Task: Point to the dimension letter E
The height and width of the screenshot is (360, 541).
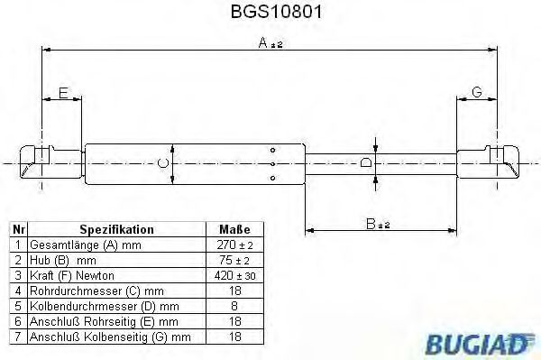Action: (x=63, y=94)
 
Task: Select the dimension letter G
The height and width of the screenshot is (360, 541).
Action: (x=477, y=94)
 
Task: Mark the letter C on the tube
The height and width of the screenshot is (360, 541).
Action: (x=162, y=163)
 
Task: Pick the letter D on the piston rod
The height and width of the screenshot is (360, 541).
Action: (x=364, y=163)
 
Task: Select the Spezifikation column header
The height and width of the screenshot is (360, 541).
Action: (x=117, y=229)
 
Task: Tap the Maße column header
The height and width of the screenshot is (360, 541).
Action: (x=234, y=229)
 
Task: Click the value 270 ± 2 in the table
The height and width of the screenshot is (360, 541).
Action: (x=234, y=245)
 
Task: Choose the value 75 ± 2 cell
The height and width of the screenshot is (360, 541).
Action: (x=234, y=260)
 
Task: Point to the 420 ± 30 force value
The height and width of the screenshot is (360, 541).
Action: (x=234, y=275)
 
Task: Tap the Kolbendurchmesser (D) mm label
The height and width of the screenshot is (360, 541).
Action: (x=95, y=306)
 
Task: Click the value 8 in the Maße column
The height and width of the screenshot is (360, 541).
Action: (x=234, y=306)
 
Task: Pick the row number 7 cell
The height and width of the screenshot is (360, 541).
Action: (x=17, y=337)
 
